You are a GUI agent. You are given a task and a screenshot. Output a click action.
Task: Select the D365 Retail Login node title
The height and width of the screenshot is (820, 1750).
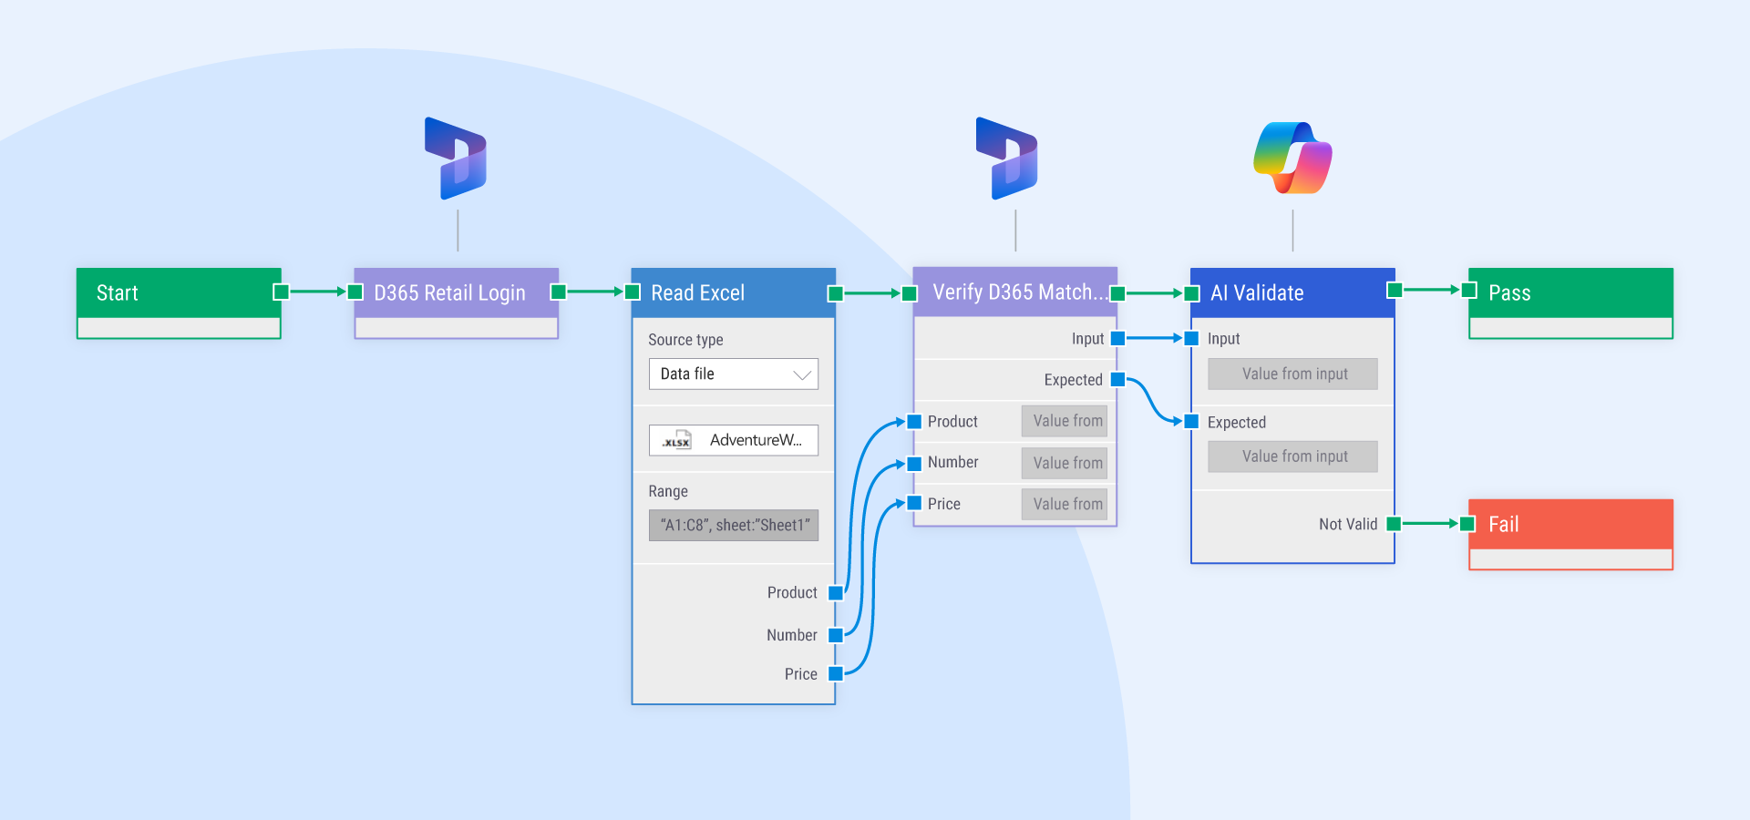click(449, 292)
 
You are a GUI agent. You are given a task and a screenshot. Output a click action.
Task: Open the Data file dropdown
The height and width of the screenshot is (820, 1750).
click(733, 374)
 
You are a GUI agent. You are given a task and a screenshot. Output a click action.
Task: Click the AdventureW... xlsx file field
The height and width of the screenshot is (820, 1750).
click(733, 440)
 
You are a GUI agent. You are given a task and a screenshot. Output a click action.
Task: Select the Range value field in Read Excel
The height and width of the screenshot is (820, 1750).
click(733, 525)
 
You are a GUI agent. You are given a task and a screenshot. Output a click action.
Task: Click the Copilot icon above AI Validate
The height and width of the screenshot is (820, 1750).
click(1292, 158)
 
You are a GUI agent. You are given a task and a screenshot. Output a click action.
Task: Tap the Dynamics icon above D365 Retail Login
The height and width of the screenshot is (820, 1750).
click(457, 159)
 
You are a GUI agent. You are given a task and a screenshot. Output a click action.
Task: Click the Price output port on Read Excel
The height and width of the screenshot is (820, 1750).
click(835, 674)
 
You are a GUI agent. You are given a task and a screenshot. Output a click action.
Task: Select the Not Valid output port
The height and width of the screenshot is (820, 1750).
click(1393, 524)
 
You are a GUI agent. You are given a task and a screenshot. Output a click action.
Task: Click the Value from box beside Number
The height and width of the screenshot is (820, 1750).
click(1064, 463)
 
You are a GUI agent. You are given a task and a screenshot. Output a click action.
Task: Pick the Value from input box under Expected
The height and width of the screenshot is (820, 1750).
click(1292, 456)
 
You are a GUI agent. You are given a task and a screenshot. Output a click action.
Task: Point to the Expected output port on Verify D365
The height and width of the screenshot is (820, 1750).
click(1117, 379)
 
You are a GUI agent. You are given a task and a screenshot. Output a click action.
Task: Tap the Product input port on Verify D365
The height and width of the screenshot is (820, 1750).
click(914, 421)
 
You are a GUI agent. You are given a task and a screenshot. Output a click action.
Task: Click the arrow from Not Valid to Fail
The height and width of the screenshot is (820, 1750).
click(1430, 524)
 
